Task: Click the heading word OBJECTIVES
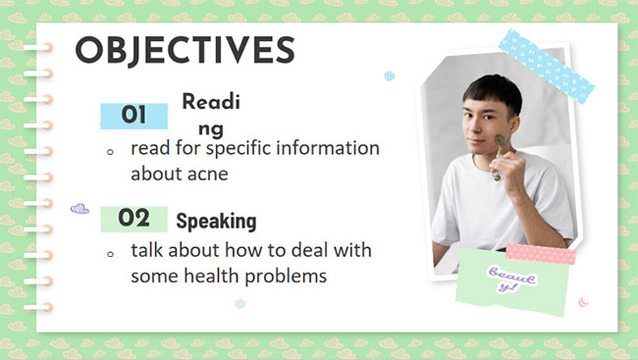[185, 50]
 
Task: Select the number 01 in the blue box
[133, 116]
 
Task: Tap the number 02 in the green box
[133, 218]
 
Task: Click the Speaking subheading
[216, 221]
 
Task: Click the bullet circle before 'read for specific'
[110, 153]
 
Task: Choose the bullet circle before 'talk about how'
[110, 253]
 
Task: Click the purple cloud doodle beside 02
[80, 209]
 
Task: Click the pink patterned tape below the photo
[540, 253]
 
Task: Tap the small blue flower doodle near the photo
[390, 76]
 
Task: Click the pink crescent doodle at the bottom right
[582, 301]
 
